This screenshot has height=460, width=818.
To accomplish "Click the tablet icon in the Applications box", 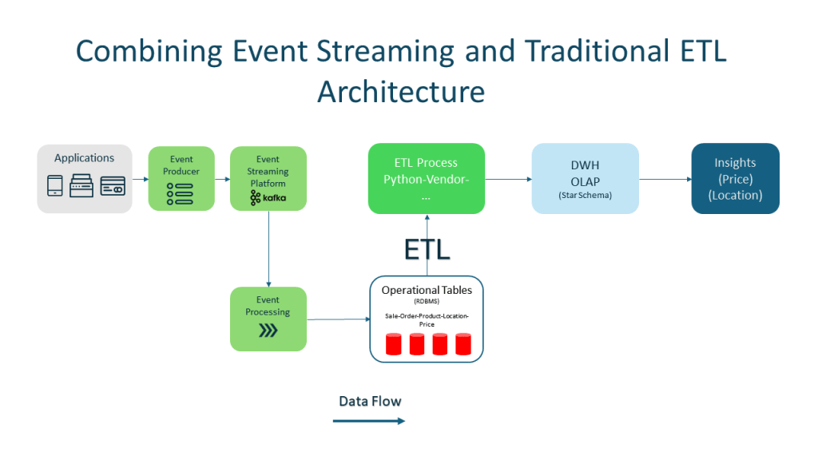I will [x=55, y=185].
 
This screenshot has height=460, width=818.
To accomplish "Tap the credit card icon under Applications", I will [x=113, y=185].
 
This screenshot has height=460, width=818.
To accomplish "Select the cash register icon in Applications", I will [x=83, y=185].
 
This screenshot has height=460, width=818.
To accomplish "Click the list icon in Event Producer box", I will [x=181, y=192].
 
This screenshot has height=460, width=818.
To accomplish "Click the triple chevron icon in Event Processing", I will [x=268, y=331].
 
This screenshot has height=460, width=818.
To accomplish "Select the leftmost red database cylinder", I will [x=393, y=344].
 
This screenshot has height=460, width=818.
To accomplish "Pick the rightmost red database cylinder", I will [x=463, y=344].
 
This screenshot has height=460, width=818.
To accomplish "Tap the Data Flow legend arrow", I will [x=369, y=421].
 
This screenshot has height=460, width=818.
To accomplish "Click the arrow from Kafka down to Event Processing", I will [x=268, y=248].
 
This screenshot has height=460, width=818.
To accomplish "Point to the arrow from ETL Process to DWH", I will [x=508, y=179].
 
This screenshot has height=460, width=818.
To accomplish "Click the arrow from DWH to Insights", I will [x=665, y=179].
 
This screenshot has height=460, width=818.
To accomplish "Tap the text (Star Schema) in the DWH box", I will [x=585, y=196].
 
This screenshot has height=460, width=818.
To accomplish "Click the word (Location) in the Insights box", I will [x=735, y=195].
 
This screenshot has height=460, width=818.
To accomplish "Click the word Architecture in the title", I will [x=401, y=91].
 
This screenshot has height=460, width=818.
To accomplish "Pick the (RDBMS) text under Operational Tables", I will [x=426, y=303].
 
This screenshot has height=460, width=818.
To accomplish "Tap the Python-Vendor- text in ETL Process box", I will [x=426, y=179].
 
